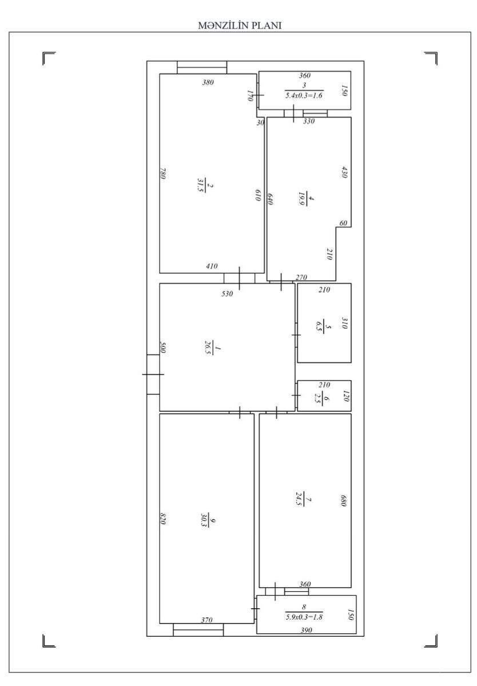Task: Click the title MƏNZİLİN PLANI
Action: coord(240,26)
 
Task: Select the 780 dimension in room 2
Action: coord(163,173)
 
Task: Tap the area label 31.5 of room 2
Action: coord(200,185)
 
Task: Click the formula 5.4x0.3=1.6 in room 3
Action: coord(304,95)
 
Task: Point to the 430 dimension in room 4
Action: coord(344,172)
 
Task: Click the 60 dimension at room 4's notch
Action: coord(343,224)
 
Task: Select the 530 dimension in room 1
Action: coord(227,294)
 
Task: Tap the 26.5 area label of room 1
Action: coord(209,348)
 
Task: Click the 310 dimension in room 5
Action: coord(344,324)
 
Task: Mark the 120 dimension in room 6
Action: coord(346,396)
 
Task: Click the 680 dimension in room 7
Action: coord(343,501)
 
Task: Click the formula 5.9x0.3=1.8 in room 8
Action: coord(304,617)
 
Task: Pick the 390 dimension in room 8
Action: coord(306,630)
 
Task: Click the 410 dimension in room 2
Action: coord(212,266)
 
